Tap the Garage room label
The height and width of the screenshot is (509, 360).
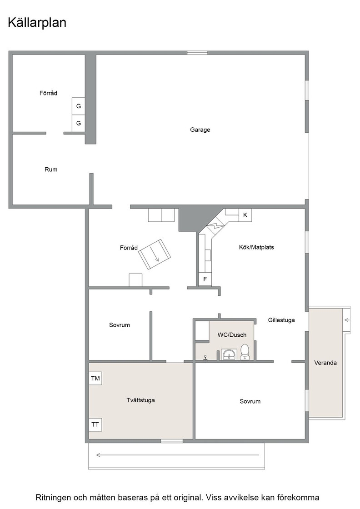point(200,130)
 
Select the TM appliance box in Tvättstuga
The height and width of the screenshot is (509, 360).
point(95,378)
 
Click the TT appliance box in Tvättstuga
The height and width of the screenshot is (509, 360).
point(95,424)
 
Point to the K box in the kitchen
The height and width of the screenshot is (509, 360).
point(245,215)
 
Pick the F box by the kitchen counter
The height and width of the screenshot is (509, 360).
point(205,279)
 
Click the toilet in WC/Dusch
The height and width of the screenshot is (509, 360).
point(245,352)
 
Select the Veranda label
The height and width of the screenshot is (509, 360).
point(325,363)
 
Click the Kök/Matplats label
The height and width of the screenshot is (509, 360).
point(256,247)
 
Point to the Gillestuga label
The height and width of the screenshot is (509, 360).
point(281,320)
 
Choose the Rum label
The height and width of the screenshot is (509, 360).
point(51,170)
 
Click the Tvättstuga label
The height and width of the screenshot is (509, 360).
point(140,400)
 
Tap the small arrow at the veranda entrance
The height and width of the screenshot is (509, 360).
point(347,320)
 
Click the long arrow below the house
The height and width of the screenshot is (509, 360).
point(178,455)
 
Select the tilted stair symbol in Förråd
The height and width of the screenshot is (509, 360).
point(155,254)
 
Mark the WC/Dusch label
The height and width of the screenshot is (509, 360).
point(232,334)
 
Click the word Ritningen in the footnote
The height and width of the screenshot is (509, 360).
point(53,498)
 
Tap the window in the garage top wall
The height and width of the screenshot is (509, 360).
point(197,53)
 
